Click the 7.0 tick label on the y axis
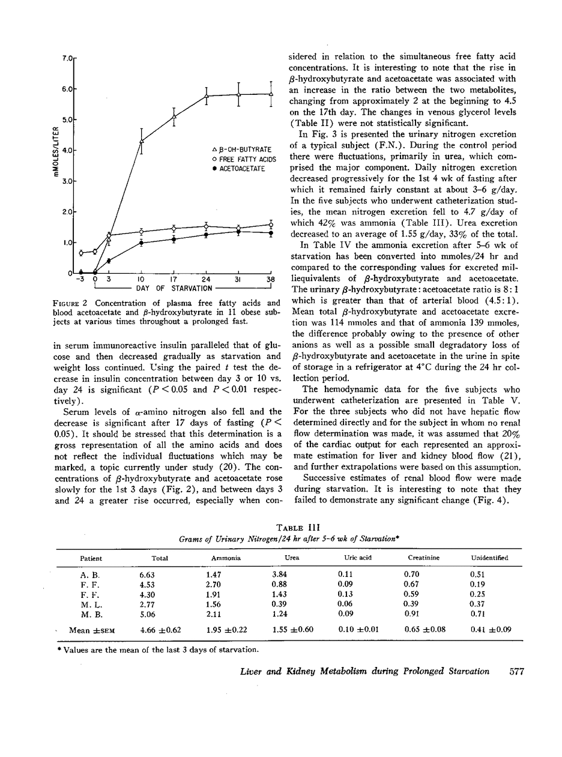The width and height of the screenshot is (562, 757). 66,58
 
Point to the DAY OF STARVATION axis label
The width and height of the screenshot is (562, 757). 174,289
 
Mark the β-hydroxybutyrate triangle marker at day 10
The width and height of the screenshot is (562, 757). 141,140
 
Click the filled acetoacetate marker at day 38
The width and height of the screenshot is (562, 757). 271,233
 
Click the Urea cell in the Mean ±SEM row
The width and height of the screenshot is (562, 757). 292,630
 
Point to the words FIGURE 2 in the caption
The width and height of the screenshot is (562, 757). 74,303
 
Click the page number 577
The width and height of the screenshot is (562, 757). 516,672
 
